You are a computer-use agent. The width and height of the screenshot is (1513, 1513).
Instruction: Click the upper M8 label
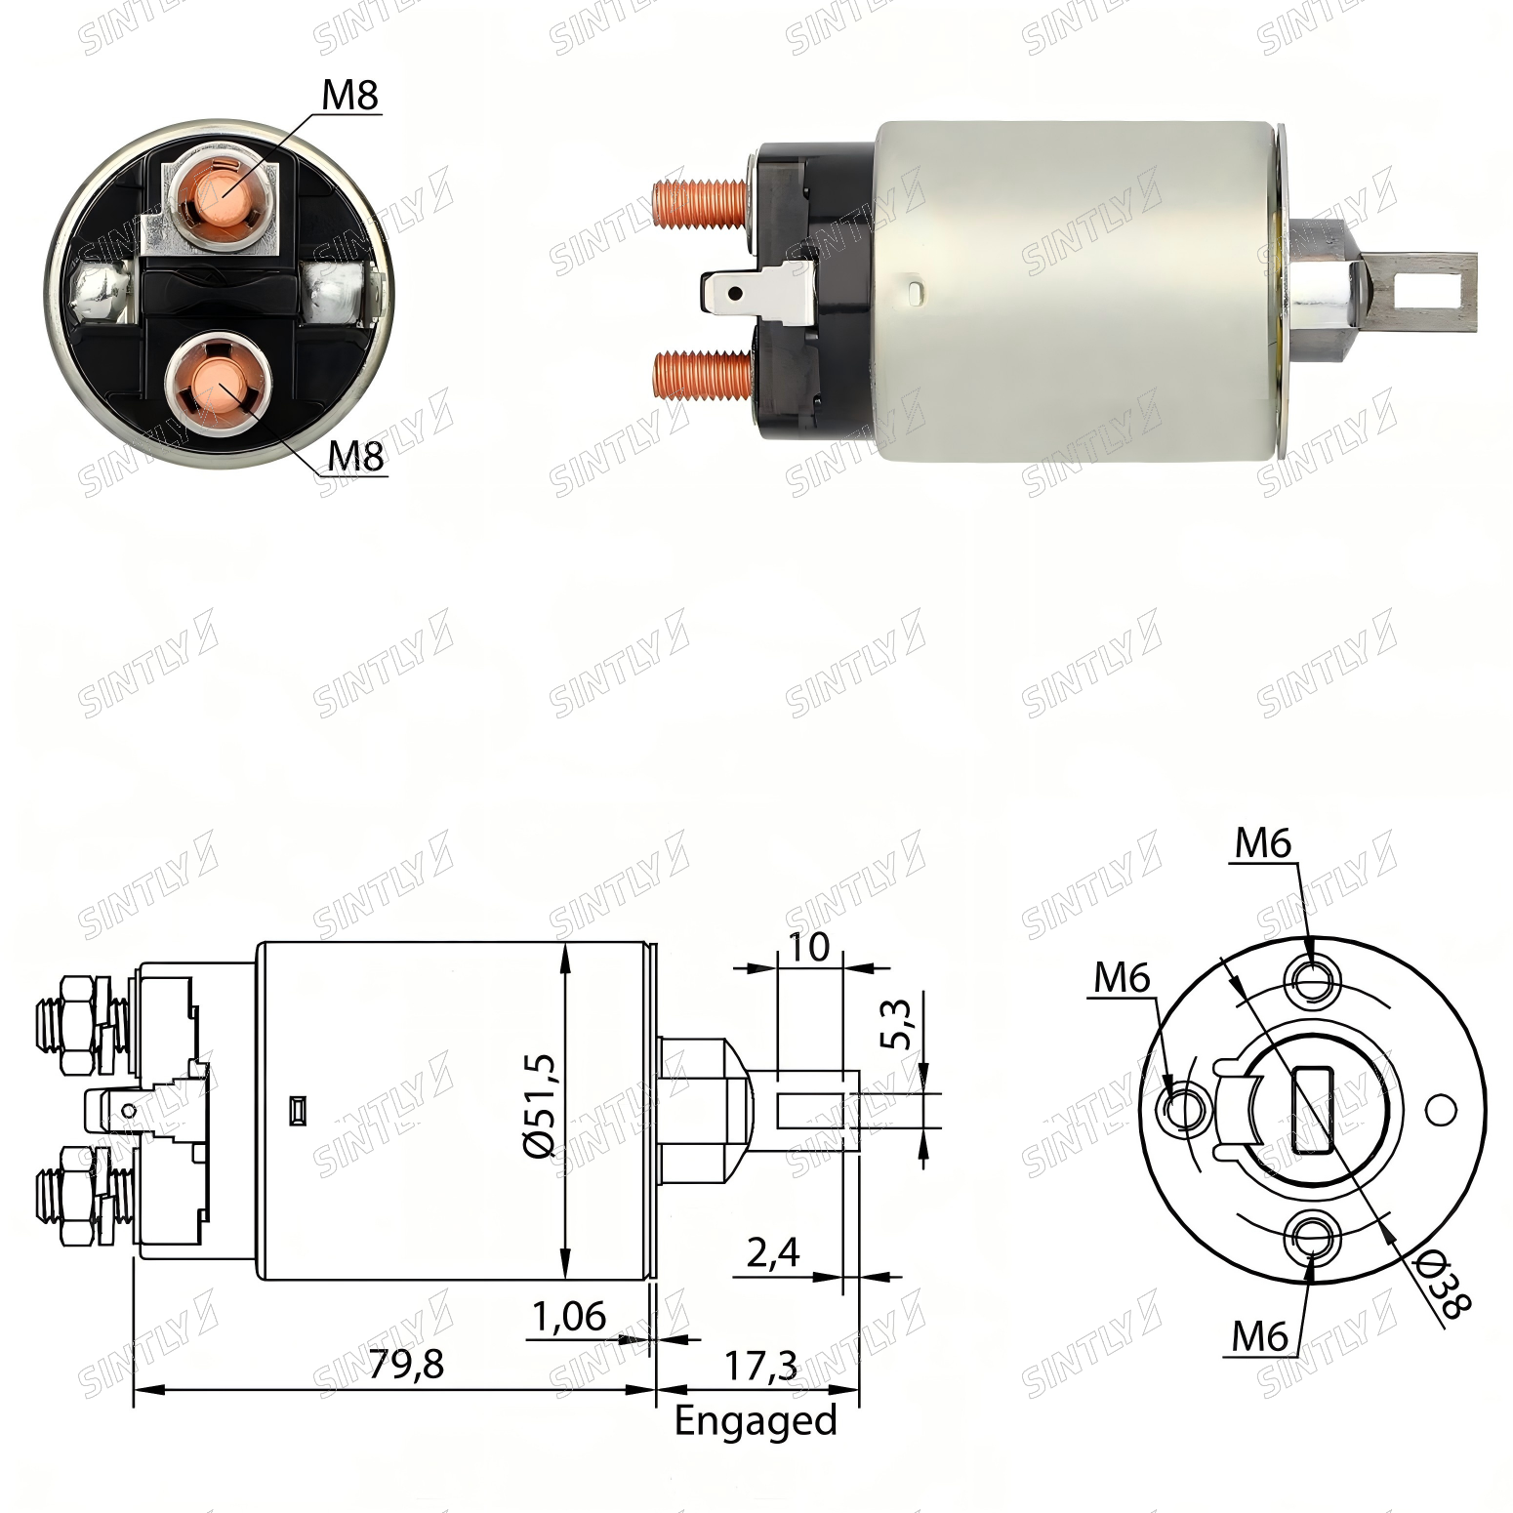click(349, 96)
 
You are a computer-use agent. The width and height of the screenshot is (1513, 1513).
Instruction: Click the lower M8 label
click(355, 456)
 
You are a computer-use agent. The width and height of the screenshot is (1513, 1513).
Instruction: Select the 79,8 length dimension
click(406, 1364)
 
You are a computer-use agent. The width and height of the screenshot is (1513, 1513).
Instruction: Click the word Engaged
click(756, 1420)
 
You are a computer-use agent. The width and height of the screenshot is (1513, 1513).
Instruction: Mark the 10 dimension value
click(806, 946)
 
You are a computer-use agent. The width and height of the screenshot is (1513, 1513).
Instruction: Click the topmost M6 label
click(1263, 843)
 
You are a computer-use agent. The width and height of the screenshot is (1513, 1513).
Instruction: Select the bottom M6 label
click(1260, 1335)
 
